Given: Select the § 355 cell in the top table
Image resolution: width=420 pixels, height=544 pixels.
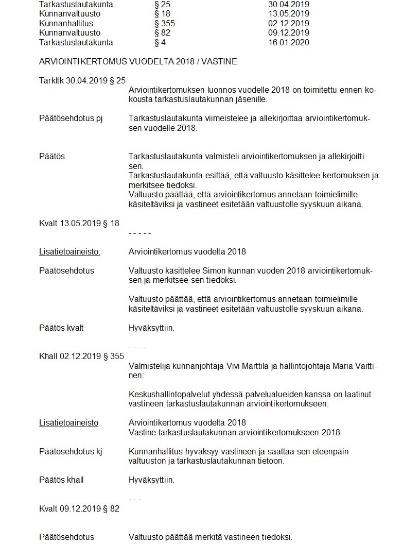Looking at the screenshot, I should pos(164,23).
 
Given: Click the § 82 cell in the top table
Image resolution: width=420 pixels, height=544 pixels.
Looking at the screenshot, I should pos(162,33).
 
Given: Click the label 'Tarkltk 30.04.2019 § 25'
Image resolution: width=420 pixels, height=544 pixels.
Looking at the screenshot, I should pos(82,80).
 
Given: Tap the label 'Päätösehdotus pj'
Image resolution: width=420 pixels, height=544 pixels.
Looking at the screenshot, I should pos(71,118).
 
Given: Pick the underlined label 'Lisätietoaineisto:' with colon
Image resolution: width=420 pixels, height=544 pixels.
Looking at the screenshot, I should pos(69,251).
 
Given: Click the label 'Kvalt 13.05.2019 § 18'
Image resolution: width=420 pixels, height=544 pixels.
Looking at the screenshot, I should pos(79,223).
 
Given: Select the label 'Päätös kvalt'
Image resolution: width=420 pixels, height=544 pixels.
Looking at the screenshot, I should pos(61,328).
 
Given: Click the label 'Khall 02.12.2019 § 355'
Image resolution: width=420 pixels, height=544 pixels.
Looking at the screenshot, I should pos(81,356).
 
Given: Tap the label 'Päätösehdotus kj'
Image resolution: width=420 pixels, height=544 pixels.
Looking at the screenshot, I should pos(71,451).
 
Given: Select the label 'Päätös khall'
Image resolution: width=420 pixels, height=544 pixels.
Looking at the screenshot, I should pos(61,480).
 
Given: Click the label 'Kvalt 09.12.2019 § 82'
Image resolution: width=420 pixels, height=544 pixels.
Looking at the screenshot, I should pos(79,508).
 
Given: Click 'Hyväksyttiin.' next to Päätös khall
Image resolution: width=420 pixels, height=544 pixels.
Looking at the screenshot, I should pos(151,480).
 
